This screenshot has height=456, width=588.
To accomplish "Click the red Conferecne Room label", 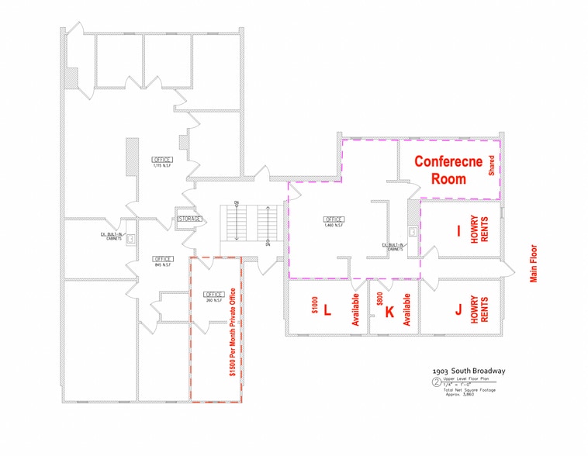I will click(449, 170).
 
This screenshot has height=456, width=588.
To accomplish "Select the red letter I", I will click(458, 230).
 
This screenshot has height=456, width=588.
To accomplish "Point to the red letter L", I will click(327, 310).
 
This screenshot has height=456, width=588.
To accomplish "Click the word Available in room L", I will click(355, 310).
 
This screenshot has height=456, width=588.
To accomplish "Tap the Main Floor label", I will click(534, 264).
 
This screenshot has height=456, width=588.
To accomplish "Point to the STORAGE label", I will click(190, 219).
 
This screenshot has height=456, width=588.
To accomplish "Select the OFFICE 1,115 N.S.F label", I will click(162, 162).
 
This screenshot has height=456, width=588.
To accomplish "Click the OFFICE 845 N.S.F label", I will click(163, 261).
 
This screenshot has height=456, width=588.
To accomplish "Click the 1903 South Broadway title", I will click(470, 371).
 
